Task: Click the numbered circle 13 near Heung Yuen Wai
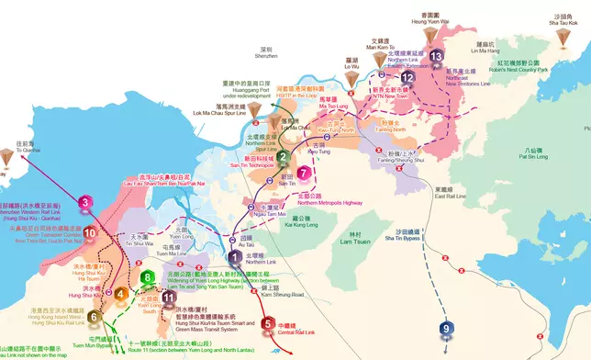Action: coord(436,57)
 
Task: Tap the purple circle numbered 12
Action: coord(407,79)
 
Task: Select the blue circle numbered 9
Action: coord(446,328)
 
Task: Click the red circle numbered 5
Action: coord(267,323)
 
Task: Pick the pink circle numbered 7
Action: coord(305,172)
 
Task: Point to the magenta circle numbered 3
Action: coord(85,203)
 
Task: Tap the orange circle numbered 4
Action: coord(120,294)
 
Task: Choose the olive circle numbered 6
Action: coord(94,317)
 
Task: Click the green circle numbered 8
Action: coord(147,277)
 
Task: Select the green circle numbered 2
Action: coord(284,157)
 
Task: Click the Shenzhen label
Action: coord(267,51)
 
